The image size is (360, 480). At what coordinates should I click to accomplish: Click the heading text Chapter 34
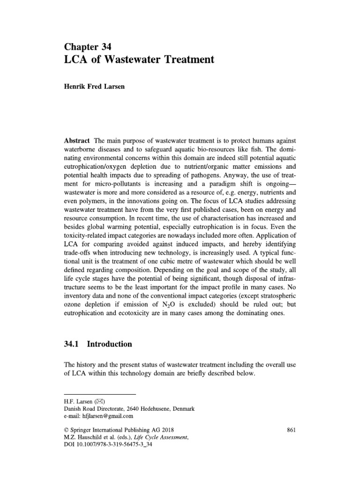tap(87, 46)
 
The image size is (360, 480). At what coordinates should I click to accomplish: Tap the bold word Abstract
tap(76, 141)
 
